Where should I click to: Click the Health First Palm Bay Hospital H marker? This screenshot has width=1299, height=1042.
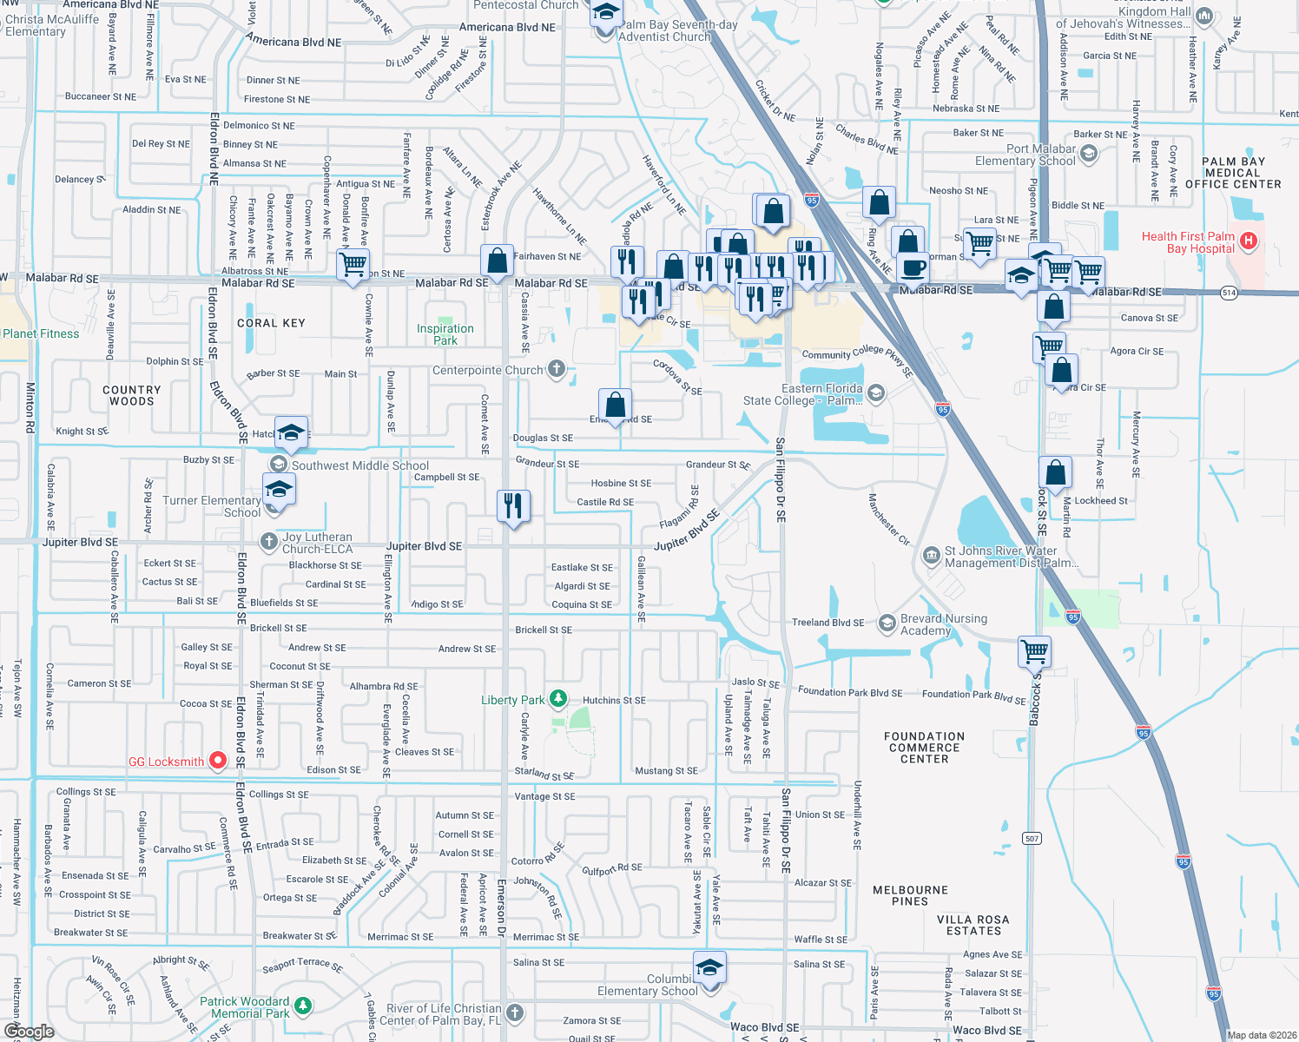click(1248, 241)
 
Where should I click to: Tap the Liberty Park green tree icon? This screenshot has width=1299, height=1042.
click(558, 698)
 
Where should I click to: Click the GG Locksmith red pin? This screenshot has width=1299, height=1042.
click(218, 761)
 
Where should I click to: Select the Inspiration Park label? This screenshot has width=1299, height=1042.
click(445, 334)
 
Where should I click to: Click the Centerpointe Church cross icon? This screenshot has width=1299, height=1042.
click(557, 369)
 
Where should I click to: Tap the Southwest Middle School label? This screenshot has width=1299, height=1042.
click(360, 465)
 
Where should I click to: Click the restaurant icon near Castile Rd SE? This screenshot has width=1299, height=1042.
click(513, 505)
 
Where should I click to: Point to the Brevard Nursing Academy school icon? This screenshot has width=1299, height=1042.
click(887, 623)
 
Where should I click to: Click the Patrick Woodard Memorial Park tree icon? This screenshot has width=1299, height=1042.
click(302, 1006)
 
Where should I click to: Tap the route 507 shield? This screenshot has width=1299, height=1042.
click(1032, 838)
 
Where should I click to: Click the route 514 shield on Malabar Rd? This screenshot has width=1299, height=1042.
click(1229, 293)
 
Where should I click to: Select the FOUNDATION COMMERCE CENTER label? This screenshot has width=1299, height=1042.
click(924, 748)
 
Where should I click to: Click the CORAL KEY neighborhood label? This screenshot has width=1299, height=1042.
click(271, 323)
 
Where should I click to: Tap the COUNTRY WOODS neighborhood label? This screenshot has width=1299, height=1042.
click(132, 396)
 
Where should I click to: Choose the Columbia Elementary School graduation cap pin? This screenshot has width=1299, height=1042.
click(709, 967)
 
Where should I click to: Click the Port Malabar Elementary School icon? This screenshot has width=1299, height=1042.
click(1089, 154)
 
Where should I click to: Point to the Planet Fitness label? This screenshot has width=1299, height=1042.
click(41, 333)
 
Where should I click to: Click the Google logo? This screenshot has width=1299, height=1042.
click(29, 1032)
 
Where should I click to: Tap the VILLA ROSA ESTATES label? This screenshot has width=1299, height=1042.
click(973, 925)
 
